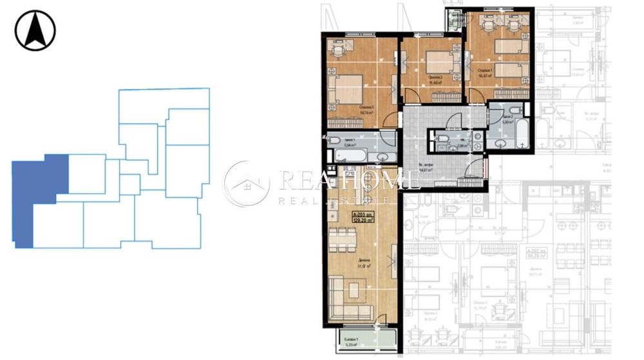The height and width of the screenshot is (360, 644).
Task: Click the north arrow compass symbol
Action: [35, 30]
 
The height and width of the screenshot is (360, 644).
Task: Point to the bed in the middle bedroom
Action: [439, 62]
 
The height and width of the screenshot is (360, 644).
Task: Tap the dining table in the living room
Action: [345, 242]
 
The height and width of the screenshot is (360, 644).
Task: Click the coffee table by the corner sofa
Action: [355, 287]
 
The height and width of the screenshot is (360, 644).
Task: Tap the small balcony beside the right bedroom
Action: [454, 19]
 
